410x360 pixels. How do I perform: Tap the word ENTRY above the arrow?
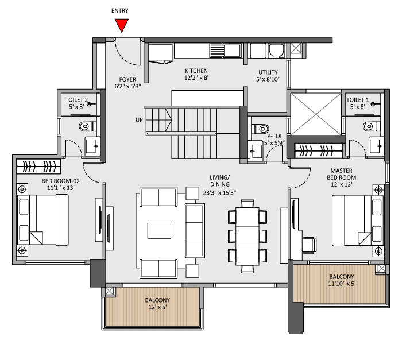coord(121,10)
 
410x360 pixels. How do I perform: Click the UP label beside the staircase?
coord(139,119)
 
